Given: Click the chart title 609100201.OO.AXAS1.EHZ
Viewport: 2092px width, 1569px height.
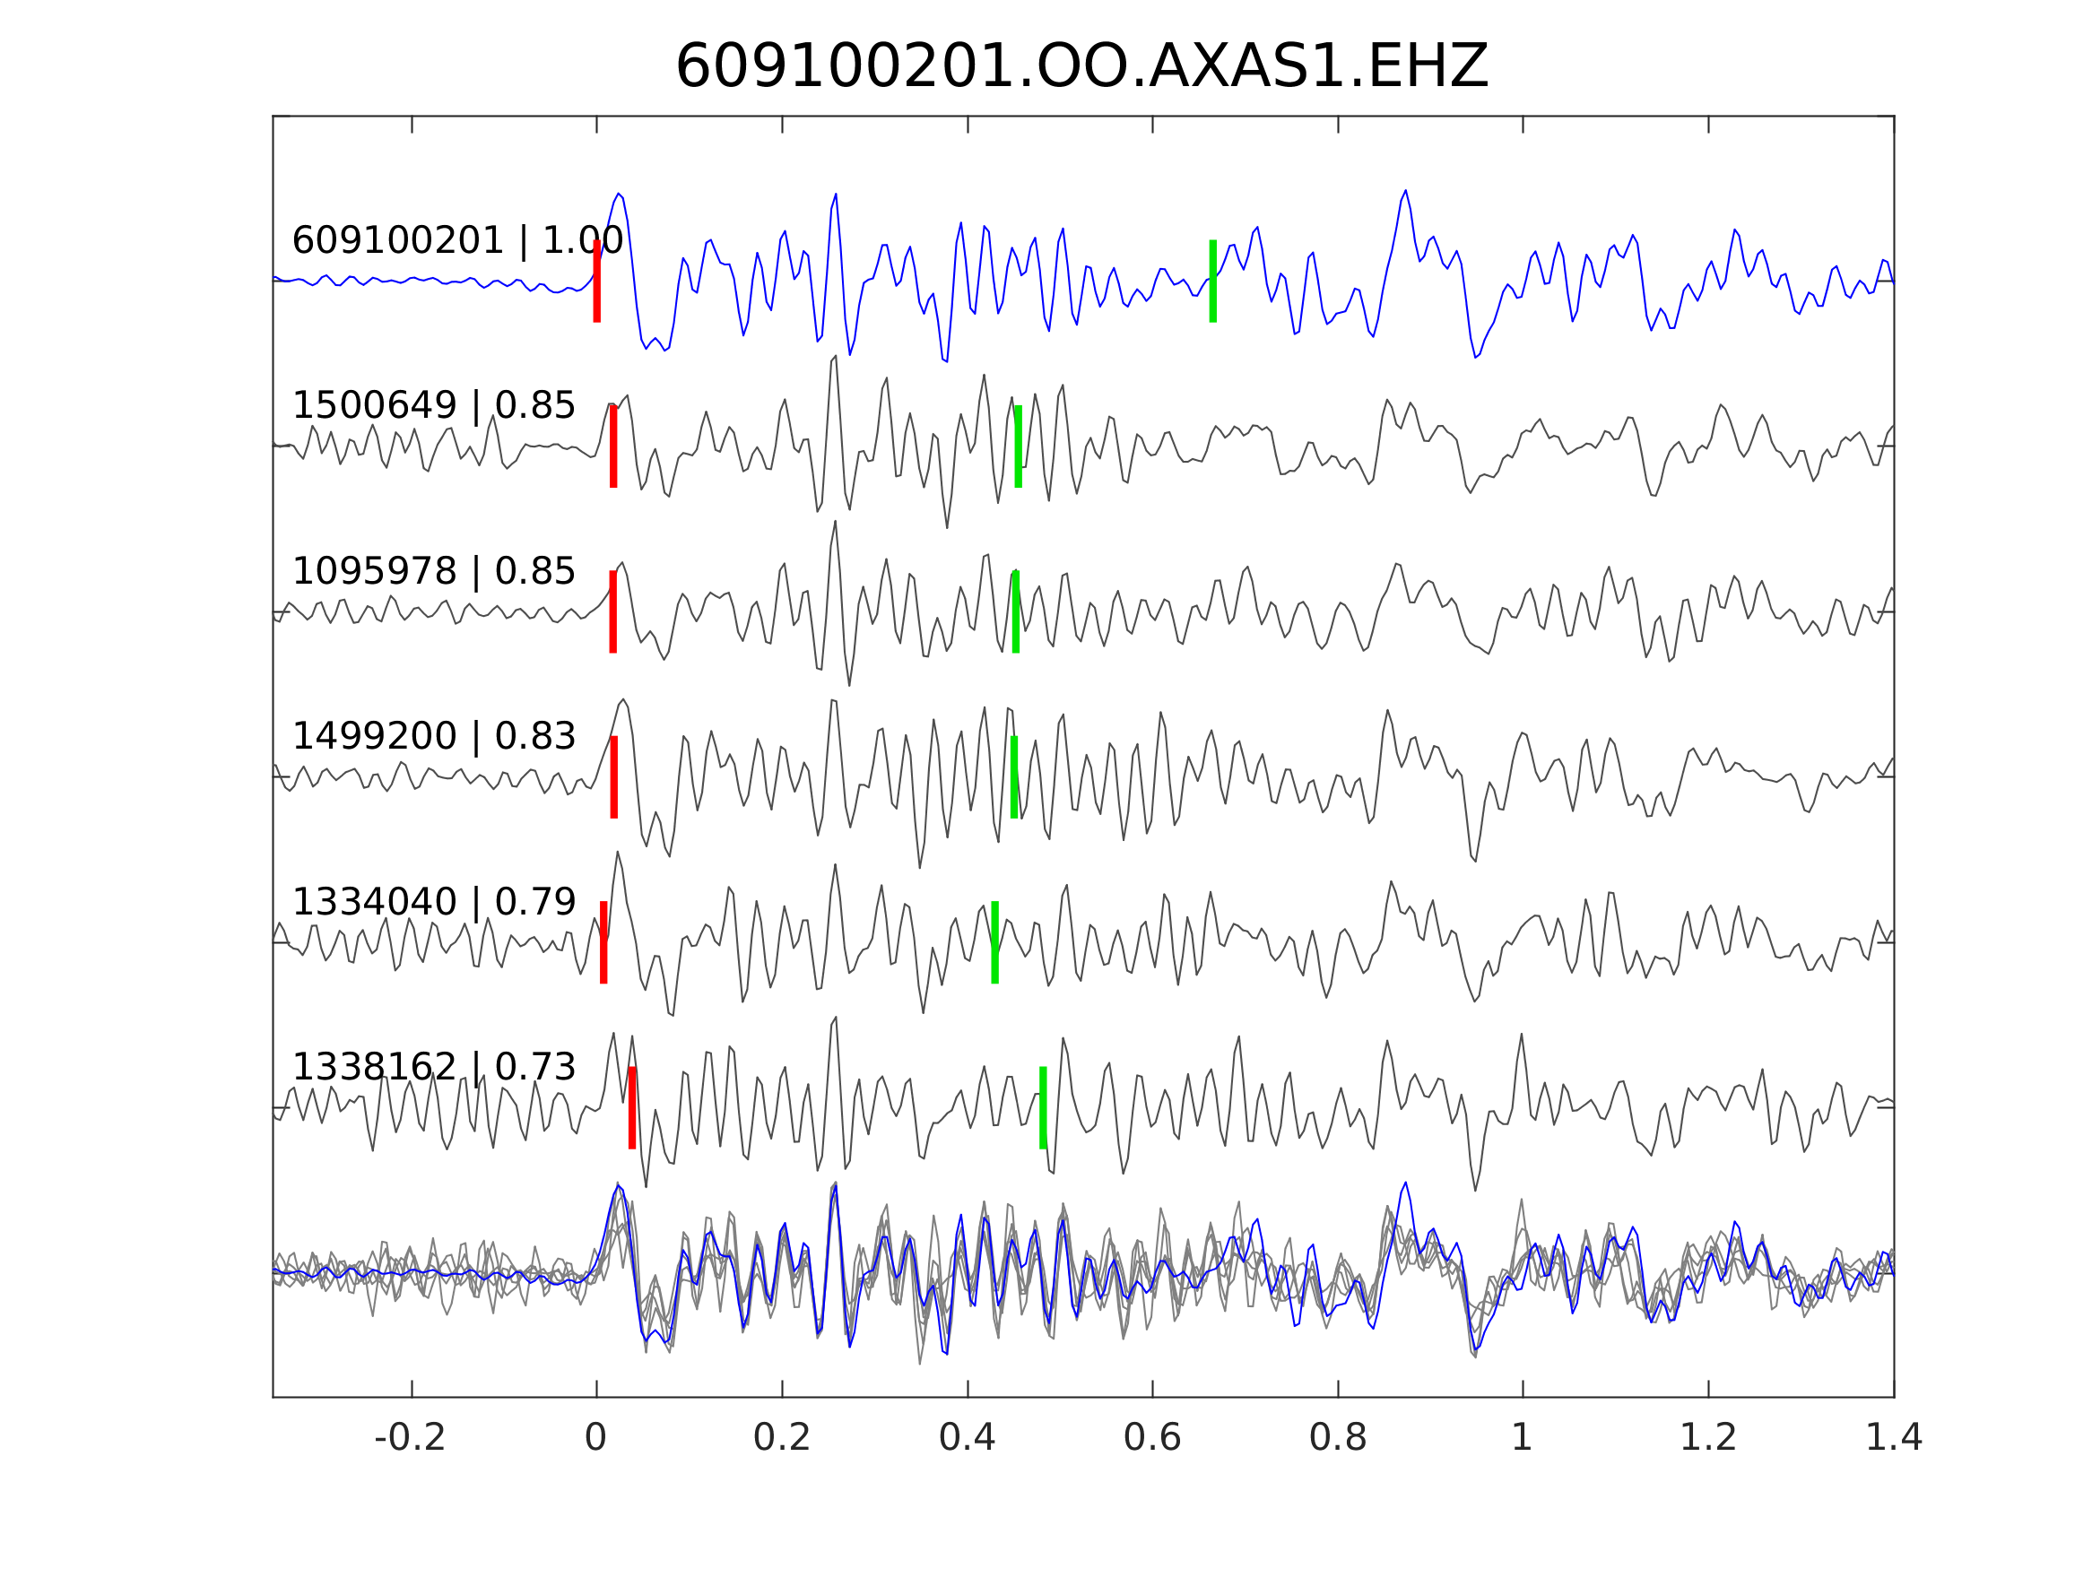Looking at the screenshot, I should point(1081,67).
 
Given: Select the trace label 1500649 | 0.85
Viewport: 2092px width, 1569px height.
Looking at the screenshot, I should point(433,406).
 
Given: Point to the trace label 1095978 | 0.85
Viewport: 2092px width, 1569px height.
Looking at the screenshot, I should point(433,571).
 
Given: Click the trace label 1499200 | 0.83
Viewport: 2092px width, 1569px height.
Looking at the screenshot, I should point(433,736).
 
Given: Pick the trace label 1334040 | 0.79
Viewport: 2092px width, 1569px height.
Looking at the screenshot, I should point(433,902).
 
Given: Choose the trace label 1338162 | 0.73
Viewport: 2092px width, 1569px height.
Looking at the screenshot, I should point(433,1067).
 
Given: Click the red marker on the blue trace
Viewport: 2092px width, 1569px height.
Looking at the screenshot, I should point(597,281).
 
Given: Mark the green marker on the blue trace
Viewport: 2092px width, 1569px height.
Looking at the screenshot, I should point(1212,281).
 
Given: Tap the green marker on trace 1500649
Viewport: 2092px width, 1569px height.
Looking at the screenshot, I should point(1018,446).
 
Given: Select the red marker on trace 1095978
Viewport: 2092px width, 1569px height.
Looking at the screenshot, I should point(612,611).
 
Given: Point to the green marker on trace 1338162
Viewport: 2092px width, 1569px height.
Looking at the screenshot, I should point(1043,1107).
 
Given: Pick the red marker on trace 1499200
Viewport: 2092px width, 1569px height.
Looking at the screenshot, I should point(614,776).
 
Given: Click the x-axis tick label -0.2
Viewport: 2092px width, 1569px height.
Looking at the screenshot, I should point(411,1438).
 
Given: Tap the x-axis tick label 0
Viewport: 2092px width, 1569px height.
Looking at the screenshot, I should point(595,1438).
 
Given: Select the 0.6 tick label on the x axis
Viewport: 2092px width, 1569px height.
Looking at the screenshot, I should point(1152,1438).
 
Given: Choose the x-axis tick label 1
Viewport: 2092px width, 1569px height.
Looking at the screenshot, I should point(1522,1438).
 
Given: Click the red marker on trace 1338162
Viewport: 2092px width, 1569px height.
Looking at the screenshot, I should point(632,1107).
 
